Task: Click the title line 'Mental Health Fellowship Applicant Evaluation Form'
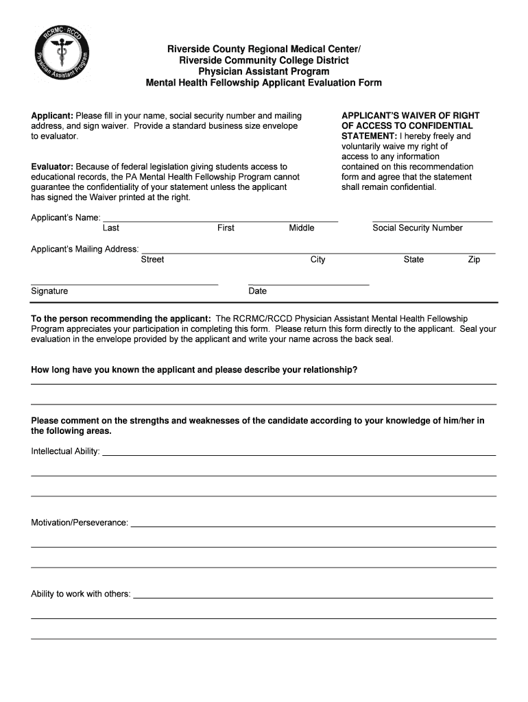click(x=263, y=83)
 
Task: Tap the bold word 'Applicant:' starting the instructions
click(x=52, y=116)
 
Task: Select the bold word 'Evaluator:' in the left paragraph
click(x=52, y=167)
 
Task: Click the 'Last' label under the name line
click(x=110, y=228)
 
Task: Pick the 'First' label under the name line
click(x=226, y=228)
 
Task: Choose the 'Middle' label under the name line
click(x=302, y=228)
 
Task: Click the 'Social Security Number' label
click(x=417, y=228)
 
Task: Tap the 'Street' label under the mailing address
click(x=152, y=260)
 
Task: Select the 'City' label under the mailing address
click(x=317, y=260)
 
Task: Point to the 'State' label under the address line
click(x=413, y=260)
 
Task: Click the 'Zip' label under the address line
click(x=474, y=260)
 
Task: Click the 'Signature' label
click(x=49, y=291)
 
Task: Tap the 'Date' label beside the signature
click(x=257, y=291)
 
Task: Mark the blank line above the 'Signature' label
click(x=124, y=284)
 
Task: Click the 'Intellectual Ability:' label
click(x=65, y=452)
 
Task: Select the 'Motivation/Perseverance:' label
click(x=80, y=523)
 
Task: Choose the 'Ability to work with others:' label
click(x=81, y=594)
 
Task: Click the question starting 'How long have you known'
click(x=194, y=370)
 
